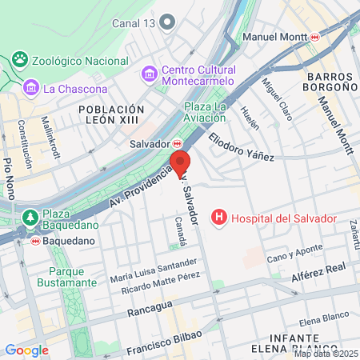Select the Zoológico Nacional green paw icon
click(x=20, y=60)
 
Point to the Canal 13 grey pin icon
click(x=167, y=22)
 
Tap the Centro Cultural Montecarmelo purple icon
click(x=150, y=74)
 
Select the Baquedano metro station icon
click(x=35, y=240)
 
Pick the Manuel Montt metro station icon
click(x=316, y=37)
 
